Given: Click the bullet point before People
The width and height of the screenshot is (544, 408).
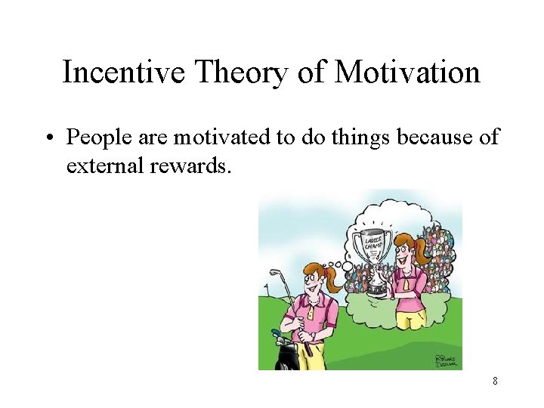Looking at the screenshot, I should (54, 138).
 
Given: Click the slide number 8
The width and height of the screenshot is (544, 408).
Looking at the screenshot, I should (495, 381).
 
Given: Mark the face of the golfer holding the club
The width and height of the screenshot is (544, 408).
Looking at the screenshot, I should (311, 279).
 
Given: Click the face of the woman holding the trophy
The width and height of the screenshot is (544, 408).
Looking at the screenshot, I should (403, 251).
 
